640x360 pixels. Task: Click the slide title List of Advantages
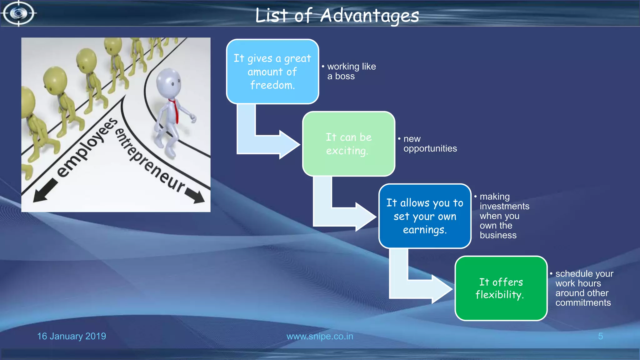337,16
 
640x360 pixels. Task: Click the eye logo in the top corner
19,13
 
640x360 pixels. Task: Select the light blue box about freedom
272,72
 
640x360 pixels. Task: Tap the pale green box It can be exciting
349,144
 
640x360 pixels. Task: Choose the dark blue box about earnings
425,216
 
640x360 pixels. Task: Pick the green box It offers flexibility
501,288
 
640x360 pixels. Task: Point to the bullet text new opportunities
429,143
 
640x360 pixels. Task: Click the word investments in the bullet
504,206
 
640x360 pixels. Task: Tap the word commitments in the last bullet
583,302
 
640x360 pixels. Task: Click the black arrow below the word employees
45,191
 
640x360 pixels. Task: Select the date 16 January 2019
72,336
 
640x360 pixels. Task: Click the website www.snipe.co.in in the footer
320,336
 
